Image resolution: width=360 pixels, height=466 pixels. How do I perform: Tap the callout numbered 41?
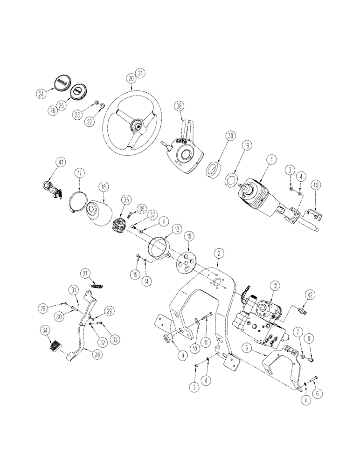pos(60,163)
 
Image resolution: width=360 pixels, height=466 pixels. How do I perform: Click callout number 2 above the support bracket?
pos(219,253)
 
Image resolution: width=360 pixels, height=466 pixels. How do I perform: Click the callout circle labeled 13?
pos(176,229)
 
